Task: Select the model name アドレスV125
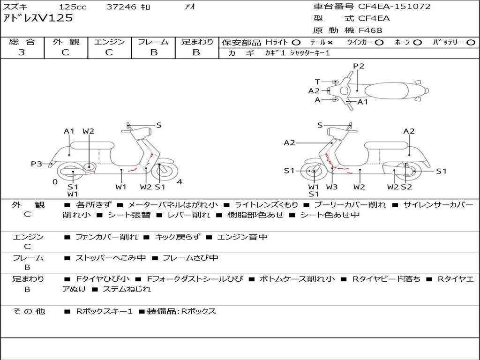(38, 18)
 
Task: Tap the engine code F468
(370, 30)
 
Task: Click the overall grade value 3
(22, 52)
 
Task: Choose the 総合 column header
(22, 42)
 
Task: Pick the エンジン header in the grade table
(109, 42)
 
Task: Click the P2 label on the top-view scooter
(359, 66)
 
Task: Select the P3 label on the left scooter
(37, 164)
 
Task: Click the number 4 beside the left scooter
(180, 182)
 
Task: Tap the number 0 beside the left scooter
(55, 182)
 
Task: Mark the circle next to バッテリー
(471, 42)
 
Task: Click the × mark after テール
(330, 42)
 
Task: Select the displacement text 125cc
(72, 7)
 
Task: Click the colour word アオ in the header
(190, 7)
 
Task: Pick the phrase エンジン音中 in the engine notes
(242, 237)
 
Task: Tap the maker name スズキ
(15, 7)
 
